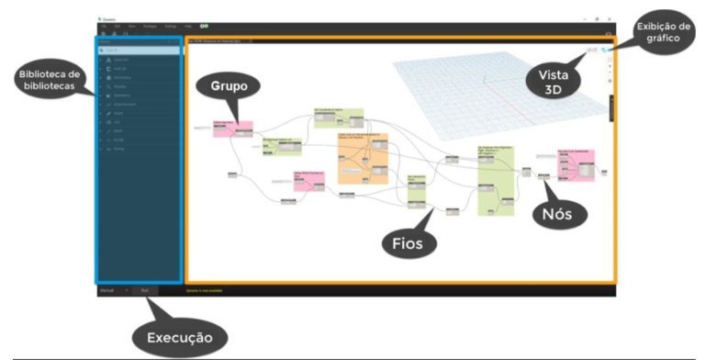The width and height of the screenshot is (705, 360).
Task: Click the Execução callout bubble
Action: (180, 338)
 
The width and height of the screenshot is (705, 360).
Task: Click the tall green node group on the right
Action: (493, 179)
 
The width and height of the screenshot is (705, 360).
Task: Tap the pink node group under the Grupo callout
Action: (232, 129)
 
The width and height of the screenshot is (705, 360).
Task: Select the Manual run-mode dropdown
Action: (113, 290)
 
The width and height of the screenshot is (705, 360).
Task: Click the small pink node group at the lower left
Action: (309, 180)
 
